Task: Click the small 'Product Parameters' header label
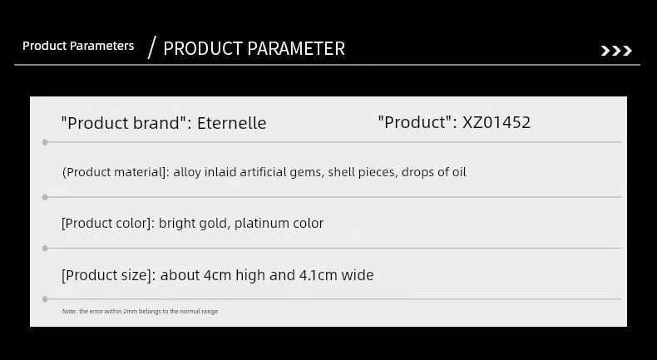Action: coord(78,46)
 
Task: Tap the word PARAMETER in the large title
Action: coord(296,48)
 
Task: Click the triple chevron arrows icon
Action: coord(616,51)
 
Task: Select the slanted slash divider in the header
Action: coord(151,47)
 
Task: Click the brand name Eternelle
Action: coord(232,123)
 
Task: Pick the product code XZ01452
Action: coord(496,122)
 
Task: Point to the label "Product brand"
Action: coord(123,123)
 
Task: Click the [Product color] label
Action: coord(106,224)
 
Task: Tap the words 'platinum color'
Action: coord(279,224)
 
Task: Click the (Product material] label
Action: coord(114,172)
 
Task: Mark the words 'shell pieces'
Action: coord(361,172)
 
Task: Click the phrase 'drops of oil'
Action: coord(433,172)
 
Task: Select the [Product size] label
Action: coord(106,275)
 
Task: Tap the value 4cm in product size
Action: coord(217,275)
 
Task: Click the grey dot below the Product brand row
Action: coord(45,142)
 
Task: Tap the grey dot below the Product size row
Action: coord(45,299)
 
